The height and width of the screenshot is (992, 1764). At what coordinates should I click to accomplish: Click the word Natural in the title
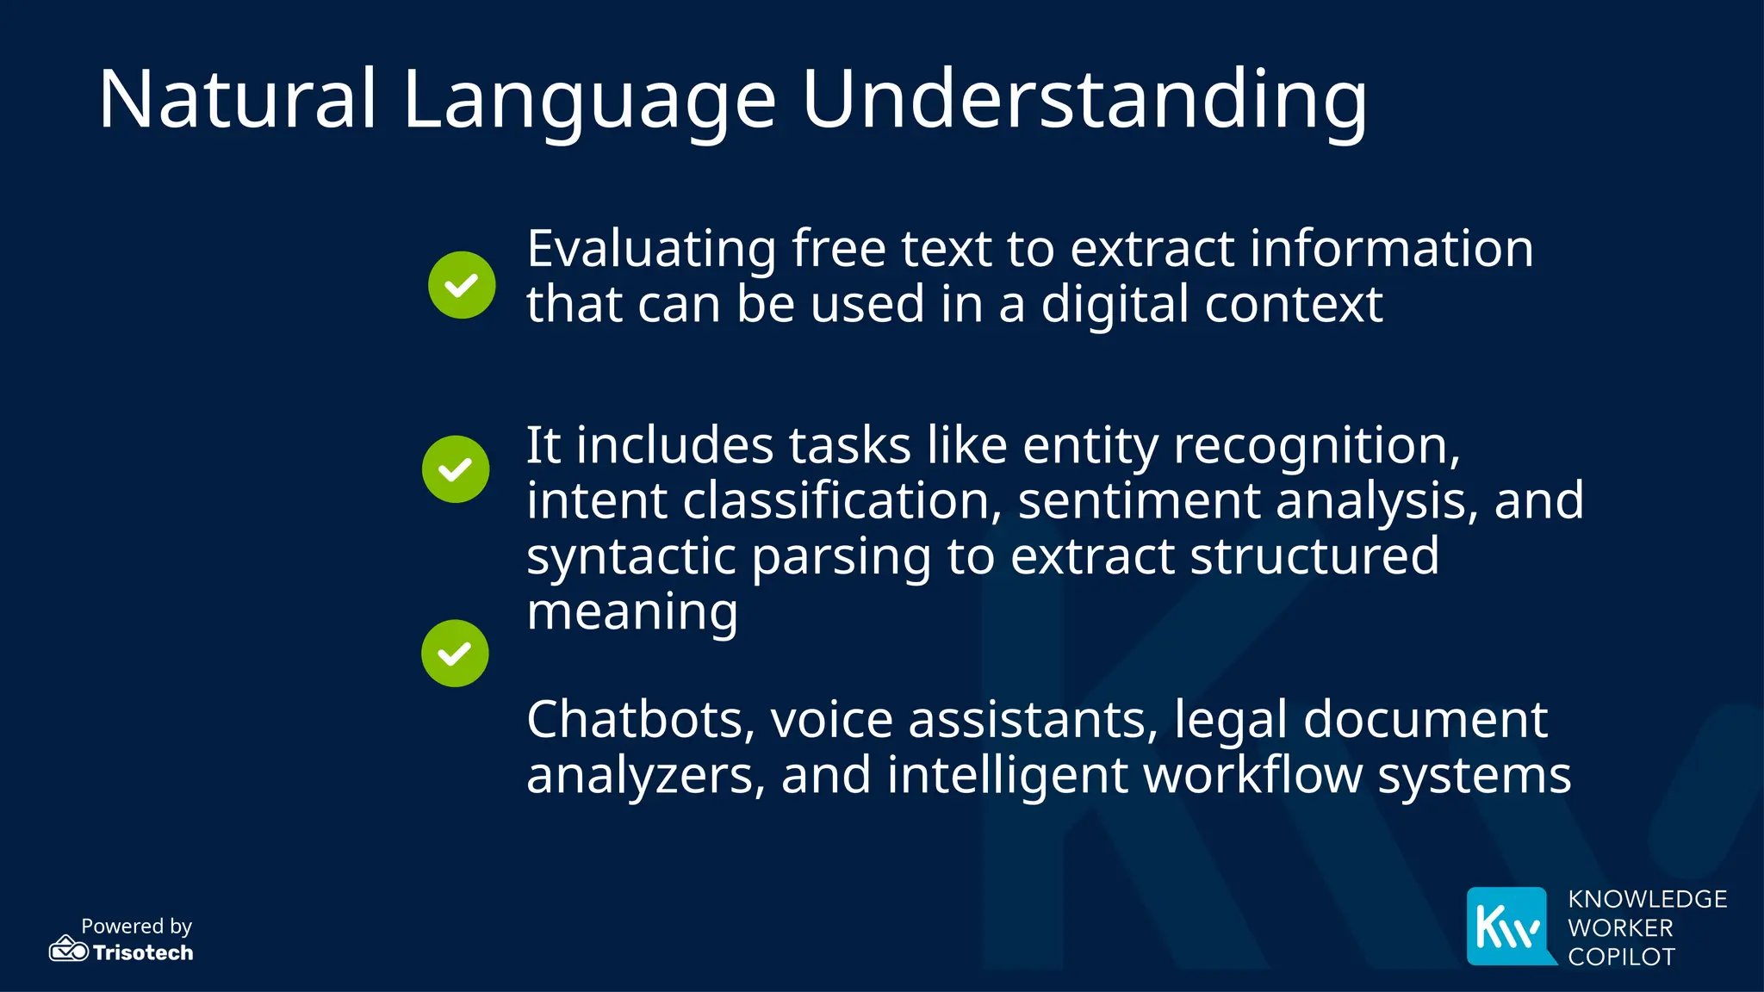[238, 99]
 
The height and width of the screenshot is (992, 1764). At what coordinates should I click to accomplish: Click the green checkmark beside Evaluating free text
[462, 285]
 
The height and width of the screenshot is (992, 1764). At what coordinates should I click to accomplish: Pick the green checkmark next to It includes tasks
[456, 469]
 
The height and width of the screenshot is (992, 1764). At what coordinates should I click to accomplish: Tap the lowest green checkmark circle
[455, 654]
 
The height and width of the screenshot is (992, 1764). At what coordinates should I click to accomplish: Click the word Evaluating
[651, 250]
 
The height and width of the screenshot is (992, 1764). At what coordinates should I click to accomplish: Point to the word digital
[1115, 306]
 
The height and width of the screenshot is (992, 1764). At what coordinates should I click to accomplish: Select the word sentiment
[1139, 501]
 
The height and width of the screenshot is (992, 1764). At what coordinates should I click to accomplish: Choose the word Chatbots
[640, 720]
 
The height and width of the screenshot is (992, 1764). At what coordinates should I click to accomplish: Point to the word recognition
[1316, 446]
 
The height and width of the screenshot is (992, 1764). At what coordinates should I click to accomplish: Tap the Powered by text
[136, 927]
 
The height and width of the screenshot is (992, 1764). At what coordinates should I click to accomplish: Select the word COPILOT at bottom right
[1621, 957]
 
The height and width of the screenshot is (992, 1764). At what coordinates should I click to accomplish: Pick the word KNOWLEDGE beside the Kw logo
[1647, 899]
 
